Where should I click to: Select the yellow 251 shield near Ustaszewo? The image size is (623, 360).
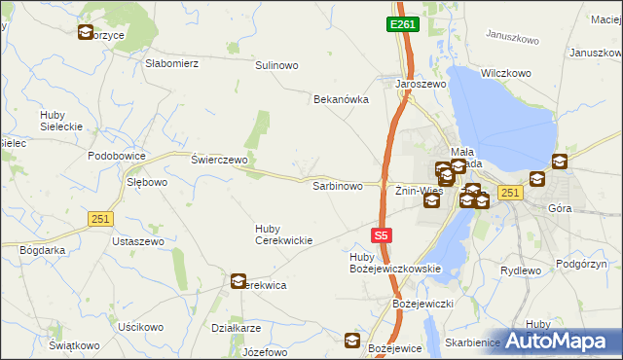[99, 219]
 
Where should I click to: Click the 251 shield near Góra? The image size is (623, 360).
[510, 194]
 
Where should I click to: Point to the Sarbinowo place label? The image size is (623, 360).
[337, 185]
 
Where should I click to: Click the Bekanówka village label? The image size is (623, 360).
[341, 99]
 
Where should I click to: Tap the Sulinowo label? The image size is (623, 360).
[276, 65]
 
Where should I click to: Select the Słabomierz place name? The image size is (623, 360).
[171, 63]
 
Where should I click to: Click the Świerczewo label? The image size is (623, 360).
[220, 159]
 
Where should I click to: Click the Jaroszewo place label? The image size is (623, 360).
[420, 85]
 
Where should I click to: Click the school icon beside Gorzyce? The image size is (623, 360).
[85, 32]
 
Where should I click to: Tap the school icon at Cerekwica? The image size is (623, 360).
[238, 281]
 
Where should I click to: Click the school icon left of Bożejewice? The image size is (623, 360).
[352, 341]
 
